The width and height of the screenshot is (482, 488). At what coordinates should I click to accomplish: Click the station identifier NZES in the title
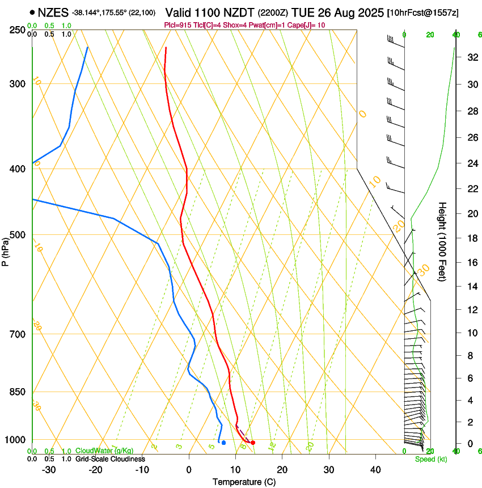53,12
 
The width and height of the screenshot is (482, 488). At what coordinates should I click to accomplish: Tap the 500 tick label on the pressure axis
17,235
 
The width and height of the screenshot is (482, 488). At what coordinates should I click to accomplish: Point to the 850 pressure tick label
17,392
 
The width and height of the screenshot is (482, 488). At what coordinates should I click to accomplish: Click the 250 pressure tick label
17,30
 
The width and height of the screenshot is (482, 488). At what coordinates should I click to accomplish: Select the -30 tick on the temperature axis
49,469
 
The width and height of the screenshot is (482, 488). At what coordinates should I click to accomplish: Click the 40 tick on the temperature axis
375,469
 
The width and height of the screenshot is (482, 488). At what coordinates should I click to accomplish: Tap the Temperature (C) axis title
244,482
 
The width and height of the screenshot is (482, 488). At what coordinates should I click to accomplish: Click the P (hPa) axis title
6,250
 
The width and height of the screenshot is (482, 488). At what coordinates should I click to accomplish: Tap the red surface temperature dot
253,443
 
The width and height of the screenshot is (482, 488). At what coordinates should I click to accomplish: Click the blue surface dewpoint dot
224,443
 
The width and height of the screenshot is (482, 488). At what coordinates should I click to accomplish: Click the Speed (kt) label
430,459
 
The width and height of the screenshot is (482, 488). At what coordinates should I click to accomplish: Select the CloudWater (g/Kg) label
104,451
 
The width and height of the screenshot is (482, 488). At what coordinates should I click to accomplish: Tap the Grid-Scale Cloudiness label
110,459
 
